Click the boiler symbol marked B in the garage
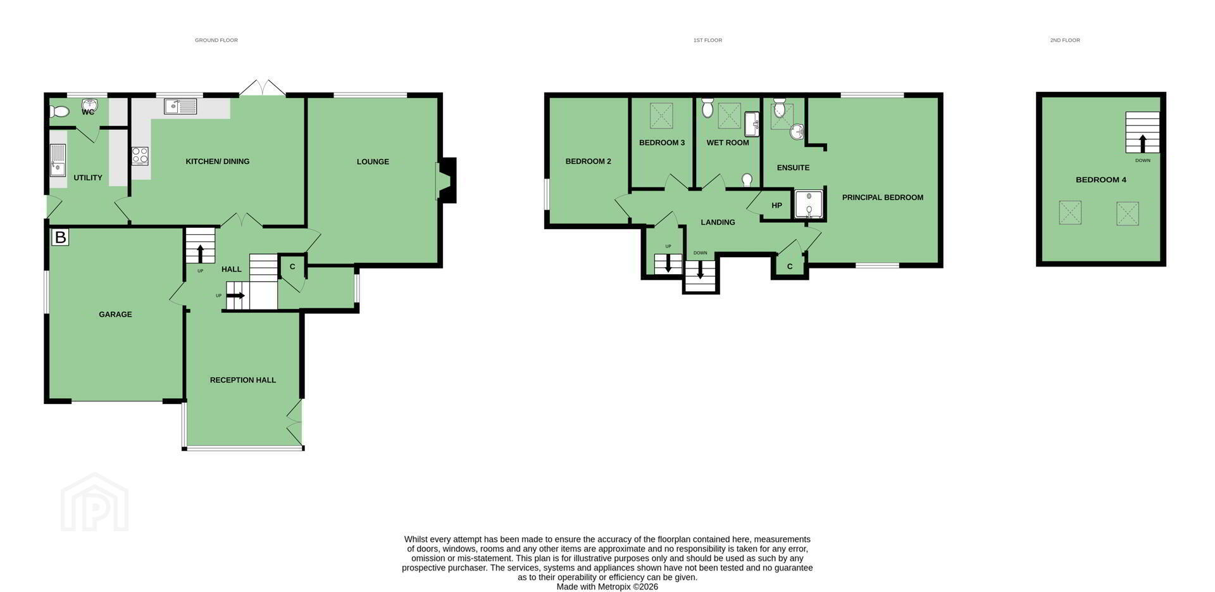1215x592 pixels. (x=60, y=237)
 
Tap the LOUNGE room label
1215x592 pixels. (x=373, y=161)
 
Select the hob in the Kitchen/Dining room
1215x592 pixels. (x=140, y=156)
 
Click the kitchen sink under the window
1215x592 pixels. (x=180, y=106)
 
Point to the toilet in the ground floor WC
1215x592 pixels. (x=59, y=111)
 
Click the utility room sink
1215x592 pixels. (x=58, y=160)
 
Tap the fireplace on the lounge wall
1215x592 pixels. (x=445, y=180)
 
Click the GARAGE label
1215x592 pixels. (x=115, y=314)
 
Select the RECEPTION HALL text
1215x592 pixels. (x=243, y=380)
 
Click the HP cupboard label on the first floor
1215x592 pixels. (x=776, y=205)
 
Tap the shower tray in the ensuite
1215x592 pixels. (x=809, y=205)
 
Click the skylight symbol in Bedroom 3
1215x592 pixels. (x=661, y=116)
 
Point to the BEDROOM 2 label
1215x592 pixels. (x=588, y=161)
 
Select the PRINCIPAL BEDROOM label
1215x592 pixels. (x=883, y=198)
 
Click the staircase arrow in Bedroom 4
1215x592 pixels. (x=1143, y=143)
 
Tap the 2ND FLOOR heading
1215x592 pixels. (x=1065, y=40)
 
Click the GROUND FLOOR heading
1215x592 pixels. (x=216, y=40)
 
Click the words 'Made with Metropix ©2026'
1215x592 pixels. (x=607, y=587)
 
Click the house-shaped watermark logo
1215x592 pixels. (x=95, y=501)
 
